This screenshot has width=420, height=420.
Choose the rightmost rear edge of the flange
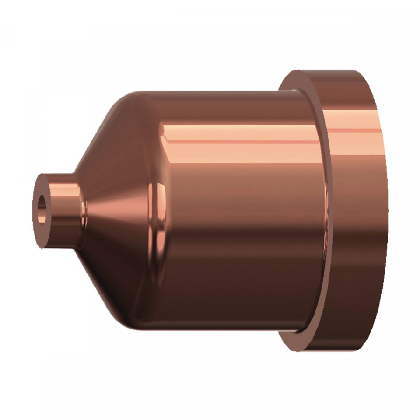(x=386, y=210)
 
